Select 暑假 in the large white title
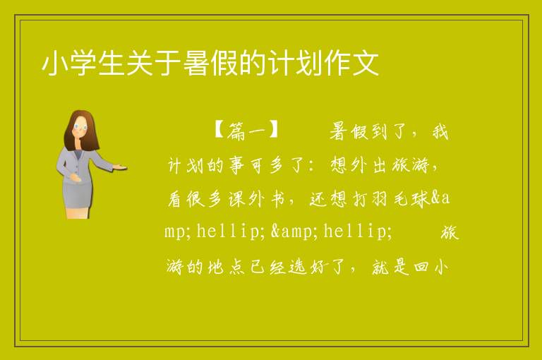211,63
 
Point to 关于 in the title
153,63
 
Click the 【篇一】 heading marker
246,131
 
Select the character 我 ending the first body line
440,131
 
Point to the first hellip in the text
227,231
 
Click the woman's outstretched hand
120,167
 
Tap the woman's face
80,126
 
